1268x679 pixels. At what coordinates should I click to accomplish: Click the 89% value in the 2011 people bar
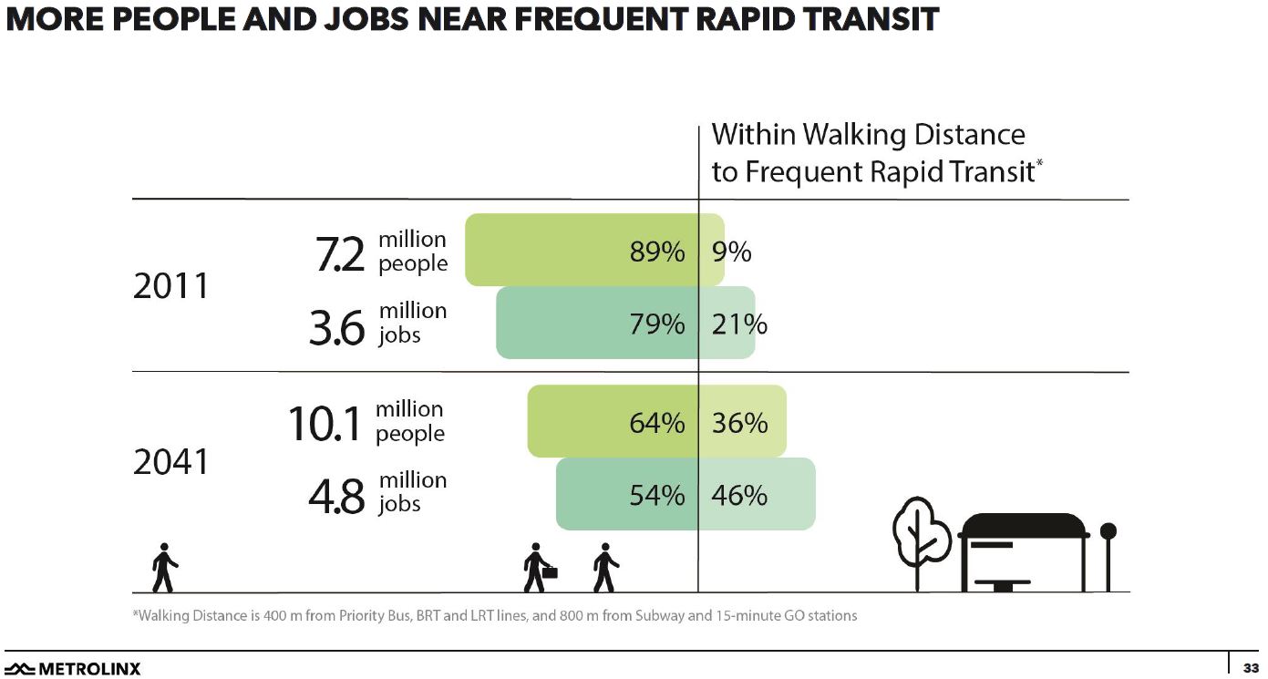click(x=657, y=252)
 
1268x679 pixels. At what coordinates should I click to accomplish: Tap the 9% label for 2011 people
click(x=731, y=252)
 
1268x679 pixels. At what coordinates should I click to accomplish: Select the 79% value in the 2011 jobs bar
click(x=657, y=324)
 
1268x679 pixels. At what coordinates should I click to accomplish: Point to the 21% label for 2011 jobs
click(x=739, y=324)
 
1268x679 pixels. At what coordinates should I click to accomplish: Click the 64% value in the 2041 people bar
click(x=657, y=423)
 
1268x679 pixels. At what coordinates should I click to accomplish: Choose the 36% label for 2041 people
click(x=739, y=423)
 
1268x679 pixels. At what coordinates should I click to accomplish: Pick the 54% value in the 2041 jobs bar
click(x=657, y=495)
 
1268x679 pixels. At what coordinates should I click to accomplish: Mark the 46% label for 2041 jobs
click(x=739, y=495)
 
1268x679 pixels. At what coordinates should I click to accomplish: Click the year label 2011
click(x=170, y=287)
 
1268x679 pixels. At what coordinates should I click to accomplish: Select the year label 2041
click(x=170, y=463)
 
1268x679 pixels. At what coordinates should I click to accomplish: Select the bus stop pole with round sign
click(x=1108, y=556)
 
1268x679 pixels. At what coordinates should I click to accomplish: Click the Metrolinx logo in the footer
click(x=73, y=669)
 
